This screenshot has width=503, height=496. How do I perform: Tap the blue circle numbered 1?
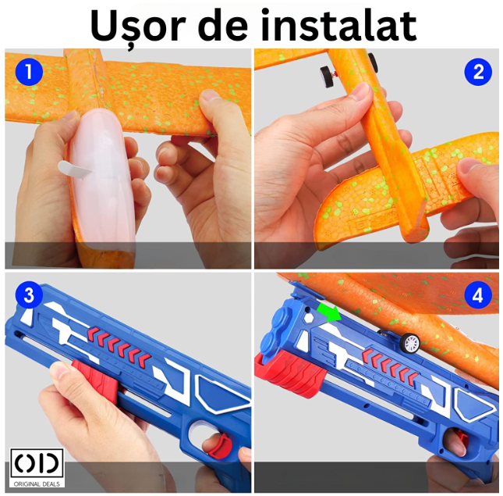pyautogui.click(x=29, y=72)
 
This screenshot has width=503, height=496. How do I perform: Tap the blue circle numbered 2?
pyautogui.click(x=478, y=72)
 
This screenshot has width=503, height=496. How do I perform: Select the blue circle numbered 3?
pyautogui.click(x=29, y=295)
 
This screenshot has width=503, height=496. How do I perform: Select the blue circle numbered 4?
pyautogui.click(x=478, y=295)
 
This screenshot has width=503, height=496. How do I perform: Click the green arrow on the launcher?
pyautogui.click(x=330, y=312)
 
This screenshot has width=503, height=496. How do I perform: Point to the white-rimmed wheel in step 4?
pyautogui.click(x=410, y=343)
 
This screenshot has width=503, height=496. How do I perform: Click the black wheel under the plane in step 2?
pyautogui.click(x=326, y=77)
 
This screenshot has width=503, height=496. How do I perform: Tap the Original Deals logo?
pyautogui.click(x=37, y=467)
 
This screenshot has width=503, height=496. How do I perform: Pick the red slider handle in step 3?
pyautogui.click(x=96, y=380)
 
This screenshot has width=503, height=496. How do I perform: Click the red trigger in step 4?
pyautogui.click(x=461, y=440)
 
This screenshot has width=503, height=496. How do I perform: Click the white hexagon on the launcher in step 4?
pyautogui.click(x=308, y=318)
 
